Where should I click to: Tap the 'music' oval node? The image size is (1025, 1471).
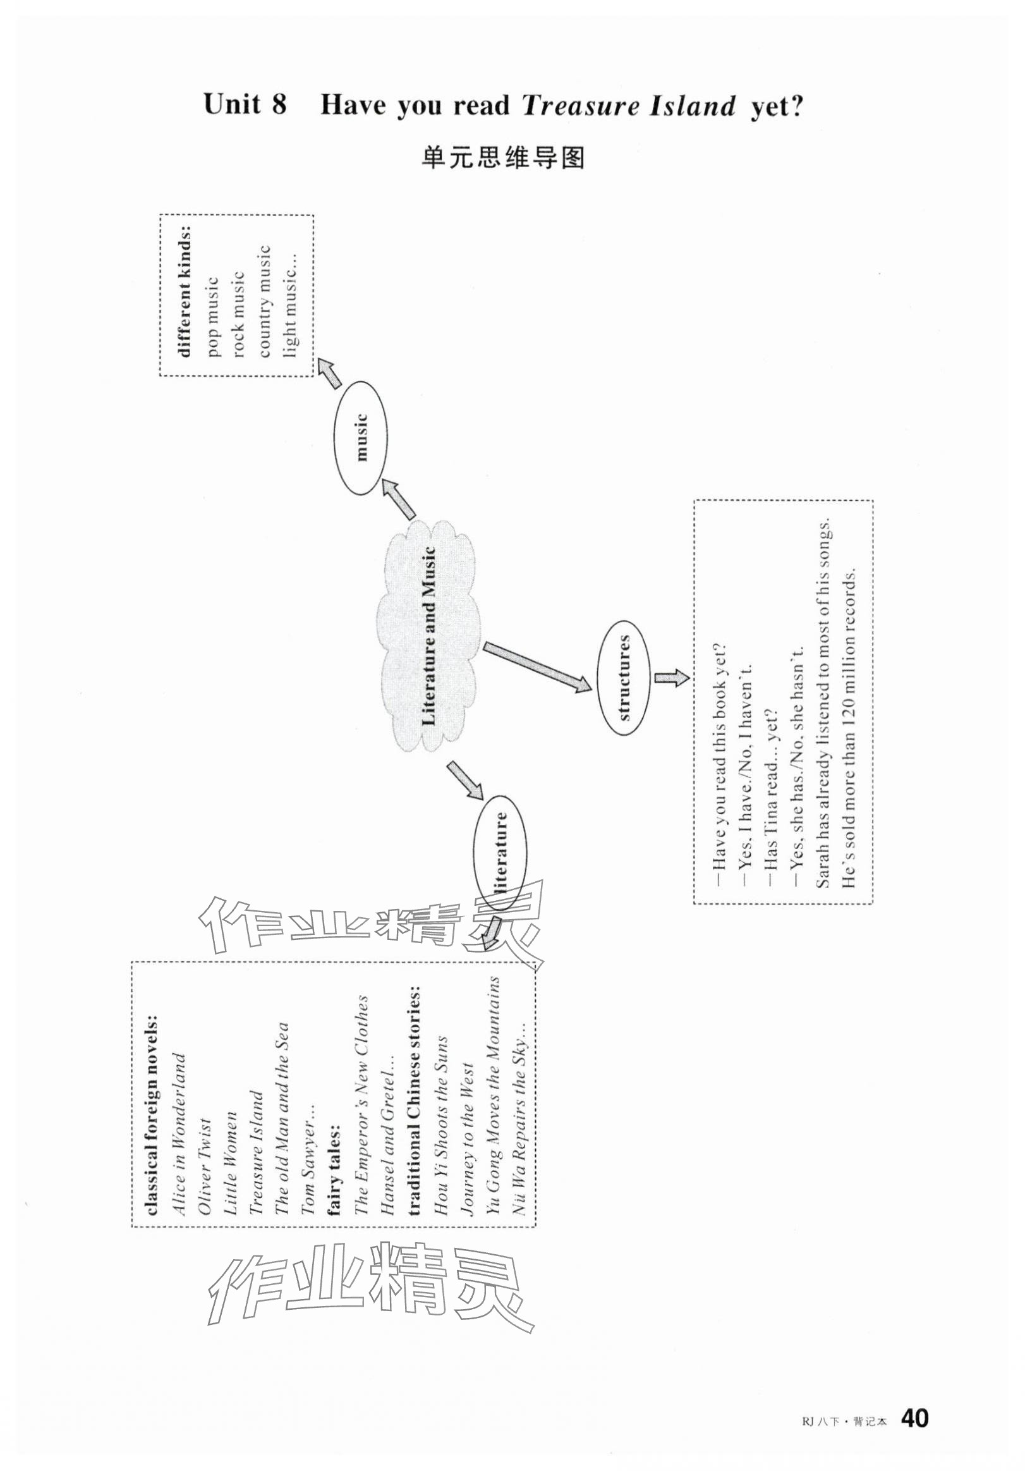pyautogui.click(x=361, y=437)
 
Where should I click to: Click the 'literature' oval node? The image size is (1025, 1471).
pyautogui.click(x=500, y=853)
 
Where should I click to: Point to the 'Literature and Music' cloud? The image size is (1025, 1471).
pyautogui.click(x=430, y=635)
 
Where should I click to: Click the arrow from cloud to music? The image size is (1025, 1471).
pyautogui.click(x=399, y=500)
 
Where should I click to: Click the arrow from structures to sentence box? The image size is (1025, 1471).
pyautogui.click(x=671, y=677)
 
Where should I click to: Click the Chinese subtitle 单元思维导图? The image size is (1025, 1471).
pyautogui.click(x=503, y=157)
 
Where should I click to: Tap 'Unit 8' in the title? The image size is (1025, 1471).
pyautogui.click(x=245, y=104)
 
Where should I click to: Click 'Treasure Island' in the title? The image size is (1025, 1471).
pyautogui.click(x=628, y=105)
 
